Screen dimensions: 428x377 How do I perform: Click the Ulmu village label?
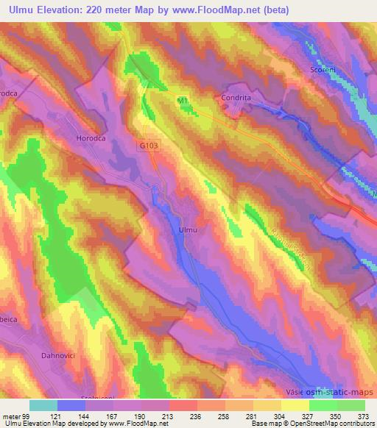coord(188,229)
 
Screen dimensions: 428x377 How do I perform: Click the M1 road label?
coord(183,99)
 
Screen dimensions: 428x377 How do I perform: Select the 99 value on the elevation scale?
coord(27,415)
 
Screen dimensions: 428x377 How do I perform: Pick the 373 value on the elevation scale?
coord(362,415)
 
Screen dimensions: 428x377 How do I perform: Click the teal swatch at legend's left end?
coord(43,405)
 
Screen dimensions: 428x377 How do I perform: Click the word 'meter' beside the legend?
coord(12,415)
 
